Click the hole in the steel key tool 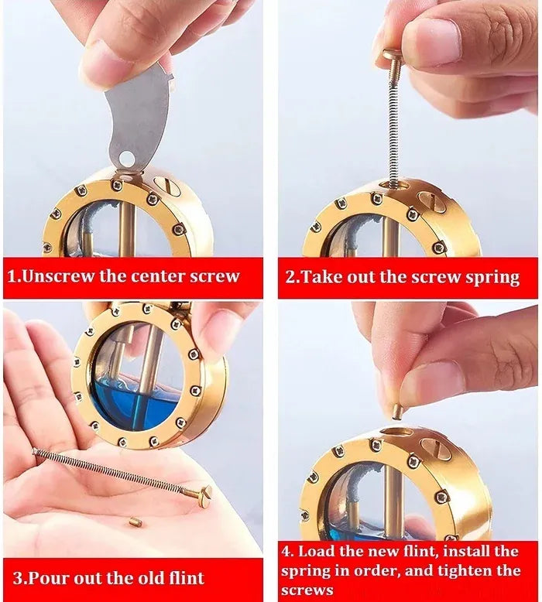coord(126,157)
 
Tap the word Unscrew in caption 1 coord(57,275)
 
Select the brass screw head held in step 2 coord(392,56)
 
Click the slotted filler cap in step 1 coord(165,186)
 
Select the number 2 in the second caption coord(290,276)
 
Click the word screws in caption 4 coord(307,590)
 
